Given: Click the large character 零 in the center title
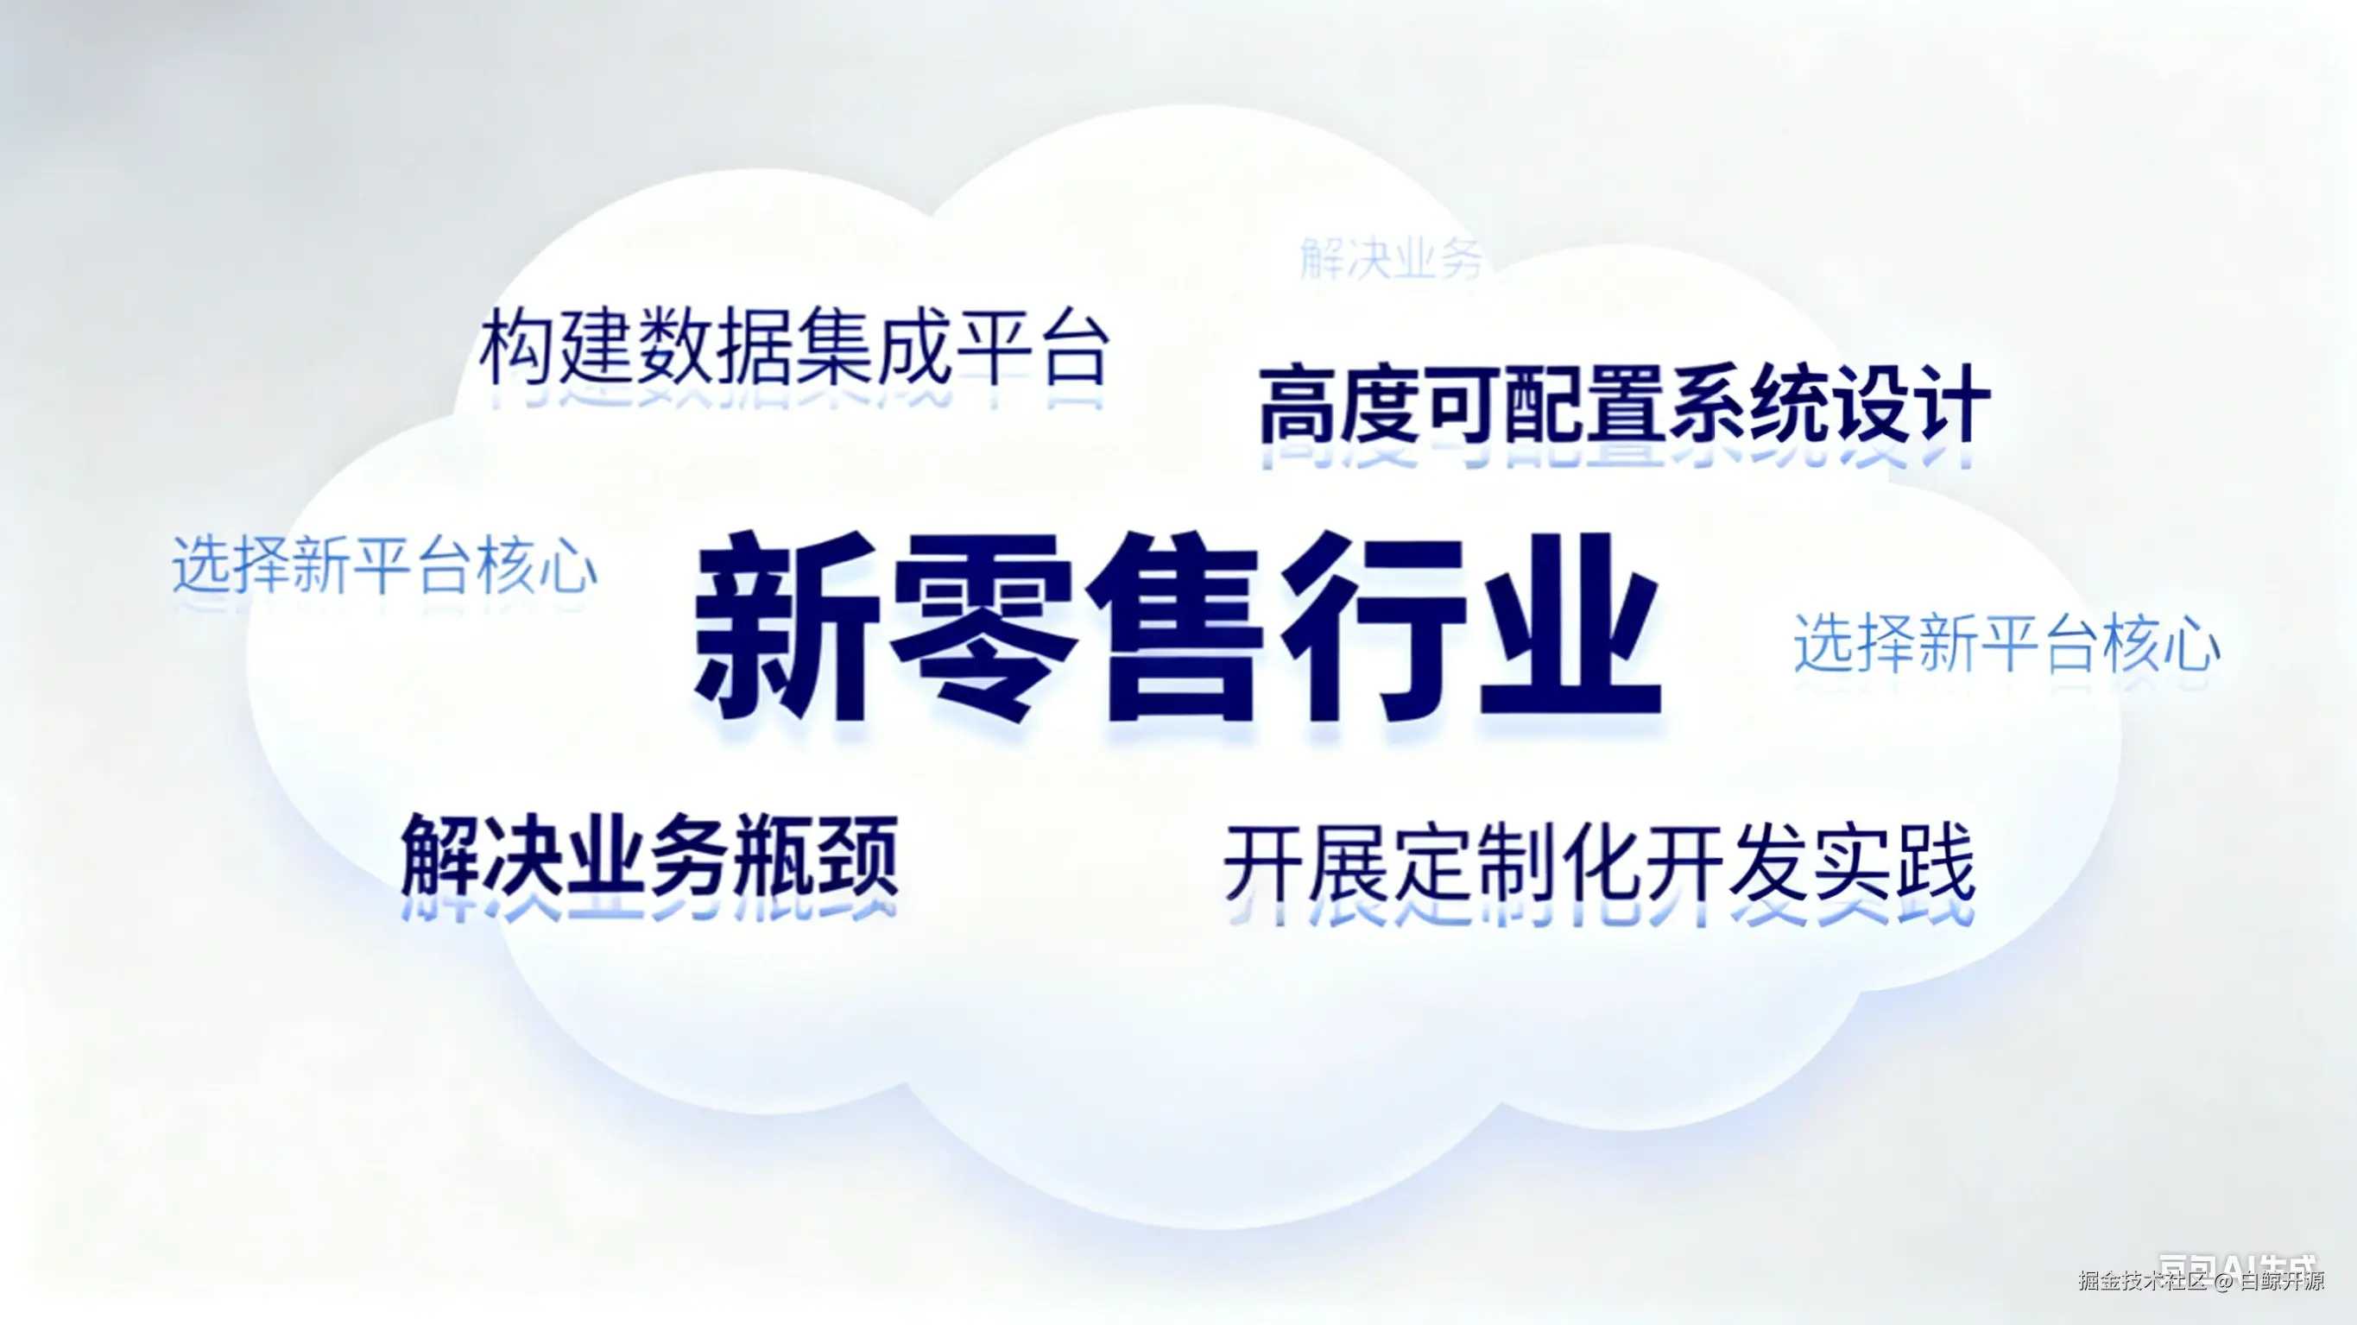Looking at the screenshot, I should [x=983, y=626].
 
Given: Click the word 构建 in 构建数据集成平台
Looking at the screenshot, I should [x=558, y=348].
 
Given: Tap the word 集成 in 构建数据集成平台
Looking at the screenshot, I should [x=875, y=348].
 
